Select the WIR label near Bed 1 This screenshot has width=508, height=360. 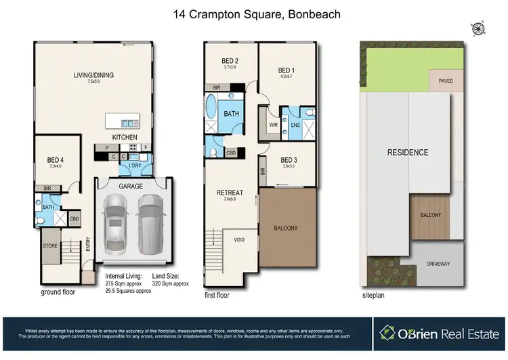[x=274, y=125]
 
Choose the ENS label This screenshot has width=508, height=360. [x=295, y=125]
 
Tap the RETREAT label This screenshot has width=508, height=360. [x=229, y=193]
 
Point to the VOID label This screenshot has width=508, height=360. [x=239, y=240]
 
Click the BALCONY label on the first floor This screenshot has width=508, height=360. [x=286, y=228]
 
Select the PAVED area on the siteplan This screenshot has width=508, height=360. [x=446, y=81]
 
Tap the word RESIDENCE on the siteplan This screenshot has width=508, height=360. [x=408, y=153]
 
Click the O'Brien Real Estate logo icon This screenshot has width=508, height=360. [x=388, y=332]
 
